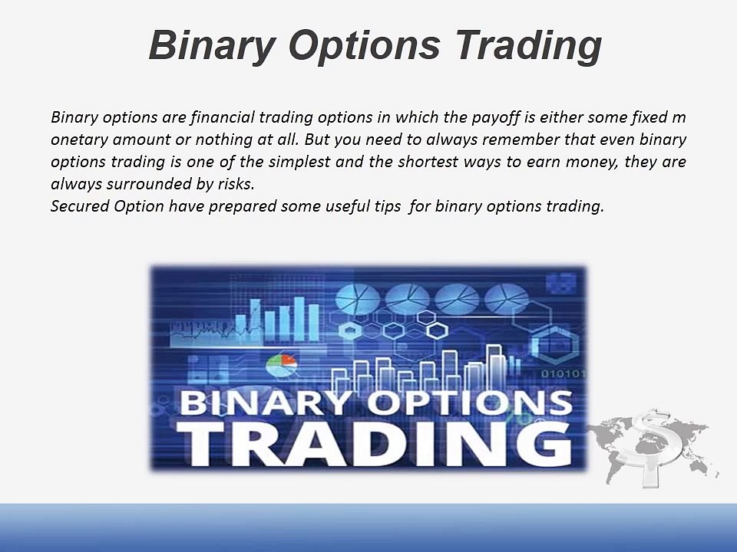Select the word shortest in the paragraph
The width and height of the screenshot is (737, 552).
click(425, 163)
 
